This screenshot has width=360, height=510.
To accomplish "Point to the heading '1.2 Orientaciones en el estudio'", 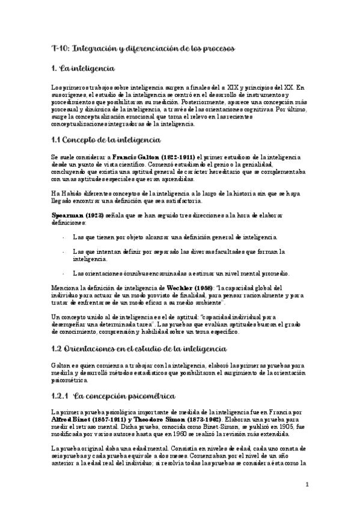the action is click(130, 348).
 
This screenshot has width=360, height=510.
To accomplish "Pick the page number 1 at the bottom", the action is click(307, 484).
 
